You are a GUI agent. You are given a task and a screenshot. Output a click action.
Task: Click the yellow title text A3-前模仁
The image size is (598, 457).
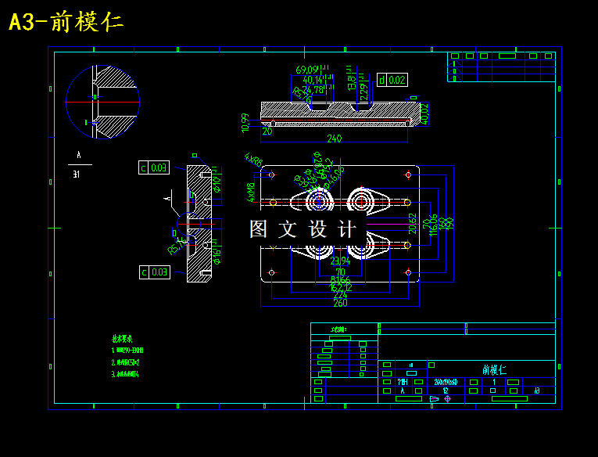(66, 22)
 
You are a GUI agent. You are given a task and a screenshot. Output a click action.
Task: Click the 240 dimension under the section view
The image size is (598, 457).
(334, 139)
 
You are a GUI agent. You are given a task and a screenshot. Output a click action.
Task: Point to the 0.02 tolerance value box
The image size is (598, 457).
(397, 80)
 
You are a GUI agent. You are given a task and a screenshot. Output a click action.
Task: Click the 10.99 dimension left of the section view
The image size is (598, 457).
(245, 122)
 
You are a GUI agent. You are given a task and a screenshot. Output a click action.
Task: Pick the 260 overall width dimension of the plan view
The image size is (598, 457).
(340, 304)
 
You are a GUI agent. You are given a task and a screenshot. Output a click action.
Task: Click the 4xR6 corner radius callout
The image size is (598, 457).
(253, 159)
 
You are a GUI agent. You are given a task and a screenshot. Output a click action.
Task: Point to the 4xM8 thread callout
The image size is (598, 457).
(251, 193)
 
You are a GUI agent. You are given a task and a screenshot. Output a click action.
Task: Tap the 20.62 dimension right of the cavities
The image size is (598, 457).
(412, 224)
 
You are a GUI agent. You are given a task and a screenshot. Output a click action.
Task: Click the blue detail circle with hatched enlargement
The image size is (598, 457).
(102, 102)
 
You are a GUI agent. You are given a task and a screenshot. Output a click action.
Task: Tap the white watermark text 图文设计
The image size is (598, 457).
(303, 229)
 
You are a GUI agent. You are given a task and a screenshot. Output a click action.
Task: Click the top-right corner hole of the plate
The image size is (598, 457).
(408, 175)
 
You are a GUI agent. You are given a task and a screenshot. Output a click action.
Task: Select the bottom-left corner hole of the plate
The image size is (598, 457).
(271, 272)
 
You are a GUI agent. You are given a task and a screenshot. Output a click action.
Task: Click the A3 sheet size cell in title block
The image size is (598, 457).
(536, 390)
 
